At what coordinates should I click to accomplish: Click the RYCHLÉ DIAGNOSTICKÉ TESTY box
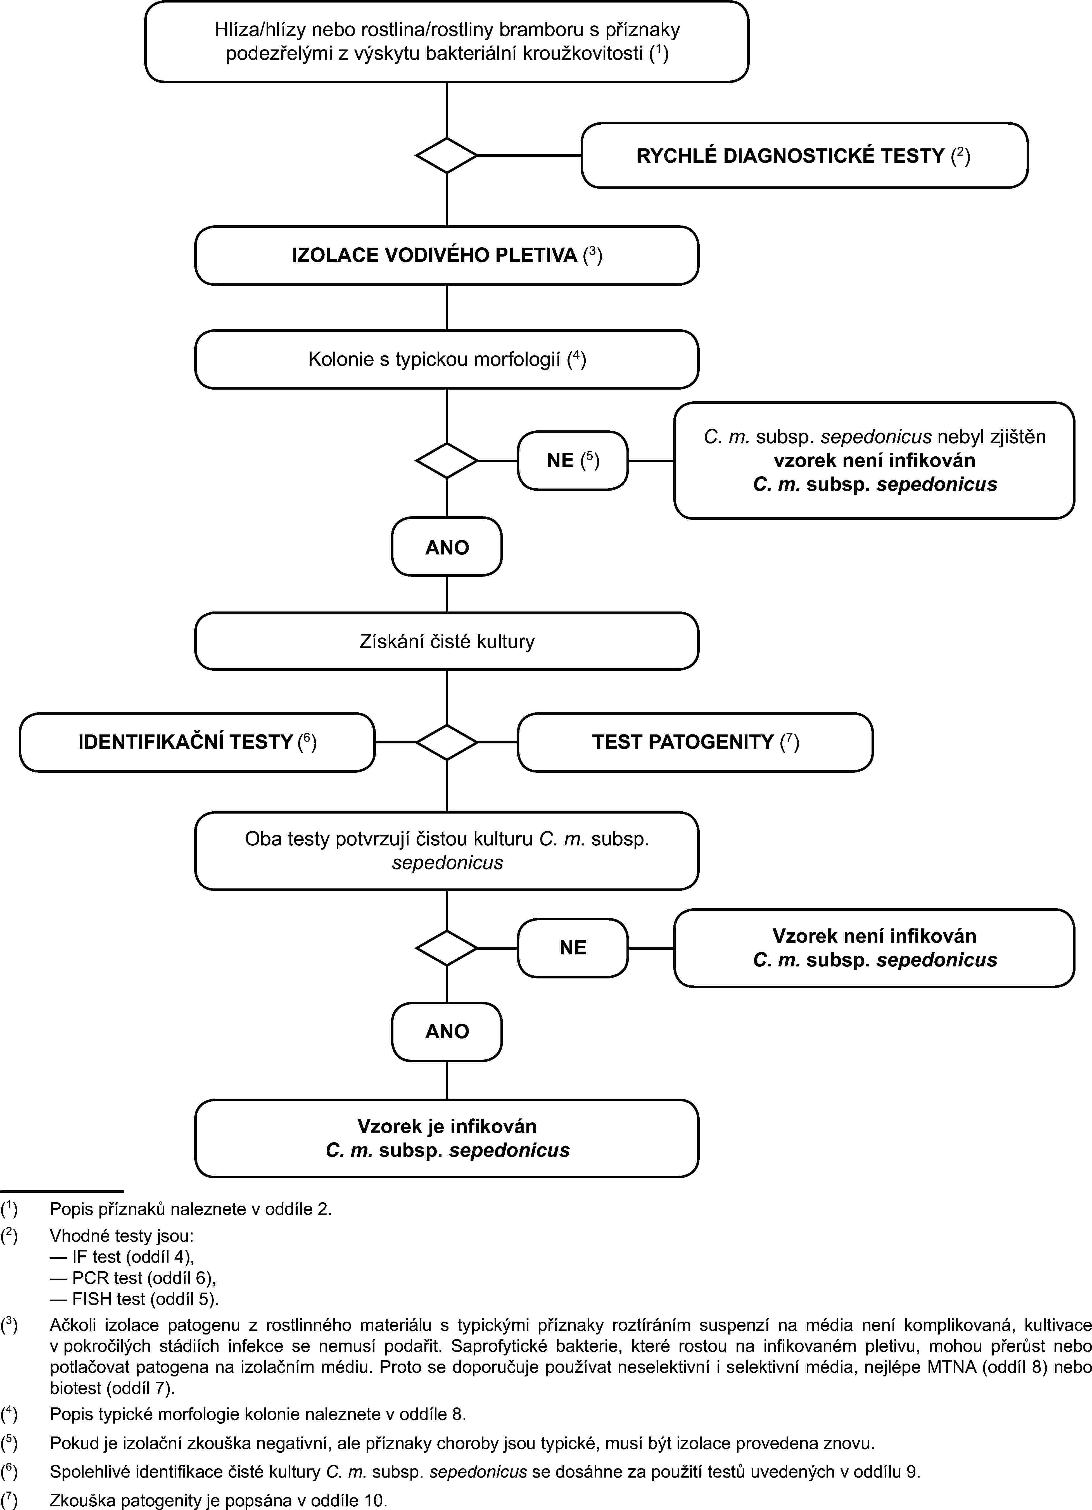coord(804,156)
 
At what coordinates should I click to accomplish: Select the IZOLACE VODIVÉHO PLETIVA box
coord(446,256)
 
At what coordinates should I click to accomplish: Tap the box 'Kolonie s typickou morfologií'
coord(446,359)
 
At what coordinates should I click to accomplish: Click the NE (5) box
coord(573,461)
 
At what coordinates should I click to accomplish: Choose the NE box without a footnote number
coord(573,948)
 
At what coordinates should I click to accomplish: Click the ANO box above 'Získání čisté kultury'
coord(447,547)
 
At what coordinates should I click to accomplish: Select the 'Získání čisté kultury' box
coord(446,641)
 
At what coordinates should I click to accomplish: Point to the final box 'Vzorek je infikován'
coord(446,1139)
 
